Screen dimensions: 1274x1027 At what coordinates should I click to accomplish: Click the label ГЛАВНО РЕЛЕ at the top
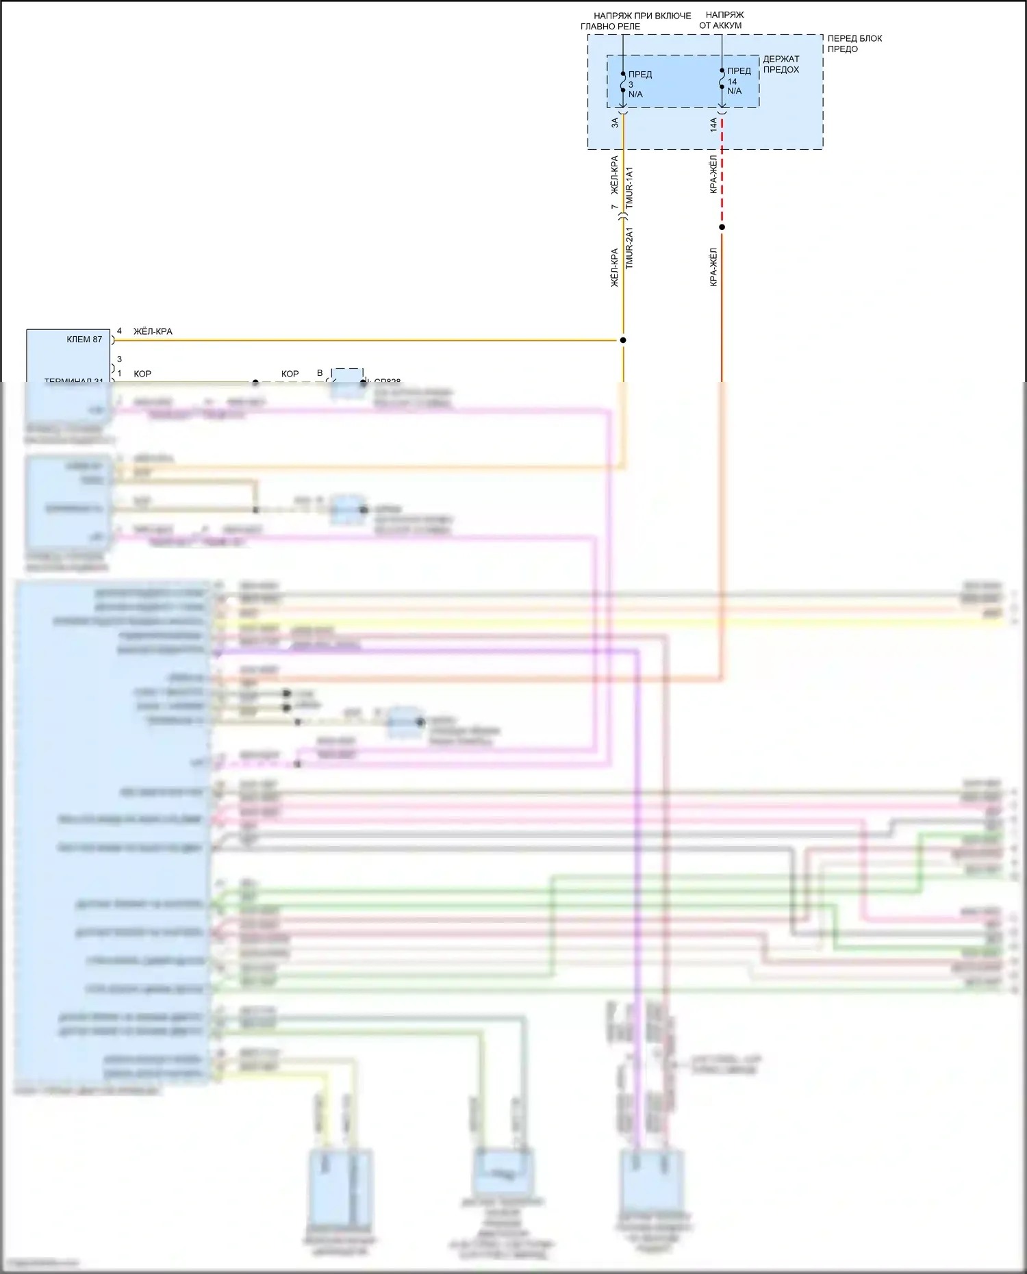pyautogui.click(x=610, y=27)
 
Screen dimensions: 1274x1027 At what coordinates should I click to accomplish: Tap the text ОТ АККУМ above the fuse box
pyautogui.click(x=720, y=25)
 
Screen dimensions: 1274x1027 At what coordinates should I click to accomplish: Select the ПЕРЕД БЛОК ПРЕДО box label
pyautogui.click(x=854, y=43)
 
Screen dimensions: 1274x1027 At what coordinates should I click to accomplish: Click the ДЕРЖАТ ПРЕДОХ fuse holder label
pyautogui.click(x=781, y=64)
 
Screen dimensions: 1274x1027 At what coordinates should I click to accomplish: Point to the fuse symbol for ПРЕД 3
pyautogui.click(x=623, y=82)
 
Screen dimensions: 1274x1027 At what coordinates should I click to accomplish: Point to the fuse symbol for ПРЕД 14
pyautogui.click(x=722, y=79)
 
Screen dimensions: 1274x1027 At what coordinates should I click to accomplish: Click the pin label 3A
pyautogui.click(x=615, y=123)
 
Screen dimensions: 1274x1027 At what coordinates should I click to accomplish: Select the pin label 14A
pyautogui.click(x=713, y=125)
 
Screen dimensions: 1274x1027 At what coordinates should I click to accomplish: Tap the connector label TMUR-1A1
pyautogui.click(x=630, y=187)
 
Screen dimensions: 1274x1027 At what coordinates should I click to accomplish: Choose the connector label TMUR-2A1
pyautogui.click(x=630, y=247)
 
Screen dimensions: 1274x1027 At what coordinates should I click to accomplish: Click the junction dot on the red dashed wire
pyautogui.click(x=722, y=227)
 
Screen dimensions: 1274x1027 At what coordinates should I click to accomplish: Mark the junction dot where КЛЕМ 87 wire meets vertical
pyautogui.click(x=623, y=340)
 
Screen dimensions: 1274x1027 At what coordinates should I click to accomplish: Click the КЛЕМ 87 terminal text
pyautogui.click(x=84, y=340)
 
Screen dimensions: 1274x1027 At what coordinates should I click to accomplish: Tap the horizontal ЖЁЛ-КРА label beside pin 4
pyautogui.click(x=153, y=331)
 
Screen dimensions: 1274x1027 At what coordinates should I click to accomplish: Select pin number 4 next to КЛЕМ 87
pyautogui.click(x=119, y=331)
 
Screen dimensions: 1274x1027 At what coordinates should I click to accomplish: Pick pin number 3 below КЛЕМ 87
pyautogui.click(x=119, y=359)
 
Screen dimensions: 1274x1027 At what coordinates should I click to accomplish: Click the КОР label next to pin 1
pyautogui.click(x=142, y=374)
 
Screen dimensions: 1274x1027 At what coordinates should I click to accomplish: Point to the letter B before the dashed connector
pyautogui.click(x=320, y=373)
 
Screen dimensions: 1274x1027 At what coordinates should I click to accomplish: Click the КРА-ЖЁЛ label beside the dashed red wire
pyautogui.click(x=713, y=174)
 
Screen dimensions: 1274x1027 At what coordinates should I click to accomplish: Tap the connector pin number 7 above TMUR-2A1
pyautogui.click(x=614, y=207)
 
